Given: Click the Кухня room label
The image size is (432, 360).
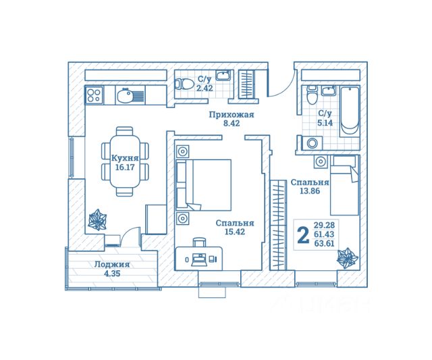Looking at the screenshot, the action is pos(124,159).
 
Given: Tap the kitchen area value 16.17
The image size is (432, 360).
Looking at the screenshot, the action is pos(124,168).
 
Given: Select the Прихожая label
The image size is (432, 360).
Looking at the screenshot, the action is pos(232,115).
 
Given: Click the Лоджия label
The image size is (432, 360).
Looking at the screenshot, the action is pos(112,265).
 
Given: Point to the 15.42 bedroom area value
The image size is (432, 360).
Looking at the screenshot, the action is pos(235,232).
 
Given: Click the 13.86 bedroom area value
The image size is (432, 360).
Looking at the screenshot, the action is pos(310,190).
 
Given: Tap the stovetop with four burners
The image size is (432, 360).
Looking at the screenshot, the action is pos(94,95).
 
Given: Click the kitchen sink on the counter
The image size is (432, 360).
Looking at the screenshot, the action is pos(130,95).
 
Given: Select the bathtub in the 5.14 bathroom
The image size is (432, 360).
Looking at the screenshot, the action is pos(350,111).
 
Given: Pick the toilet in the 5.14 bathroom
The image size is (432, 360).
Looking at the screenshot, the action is pos(312,95).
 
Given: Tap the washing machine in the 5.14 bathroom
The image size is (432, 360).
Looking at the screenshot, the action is pos(312,143).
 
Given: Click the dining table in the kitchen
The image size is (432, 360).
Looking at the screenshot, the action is pos(124,161).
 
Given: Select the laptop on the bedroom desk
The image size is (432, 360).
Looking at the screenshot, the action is pos(199,259).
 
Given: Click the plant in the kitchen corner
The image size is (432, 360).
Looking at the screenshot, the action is pos(97,220).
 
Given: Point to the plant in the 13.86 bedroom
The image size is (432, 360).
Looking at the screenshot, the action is pos(348,258).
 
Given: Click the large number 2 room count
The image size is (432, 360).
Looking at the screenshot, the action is pos(303,234).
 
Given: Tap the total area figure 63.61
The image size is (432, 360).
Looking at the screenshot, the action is pos(324,243).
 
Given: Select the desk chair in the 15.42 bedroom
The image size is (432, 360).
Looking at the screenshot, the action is pos(199,242).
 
